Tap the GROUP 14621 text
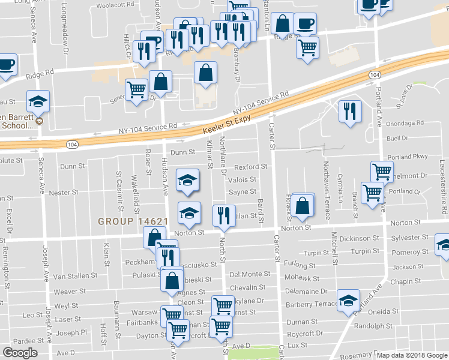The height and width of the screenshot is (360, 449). point(132,221)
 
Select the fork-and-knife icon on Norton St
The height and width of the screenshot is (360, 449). point(224,216)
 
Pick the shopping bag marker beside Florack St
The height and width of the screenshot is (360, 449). point(304,205)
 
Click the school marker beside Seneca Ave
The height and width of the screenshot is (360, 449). point(38,102)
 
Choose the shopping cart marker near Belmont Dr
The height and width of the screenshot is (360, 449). point(382,172)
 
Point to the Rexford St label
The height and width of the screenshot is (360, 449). point(250,167)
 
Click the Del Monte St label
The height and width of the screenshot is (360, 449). point(249,274)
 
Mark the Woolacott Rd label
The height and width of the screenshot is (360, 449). point(115,4)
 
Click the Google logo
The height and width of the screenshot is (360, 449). point(20,353)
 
